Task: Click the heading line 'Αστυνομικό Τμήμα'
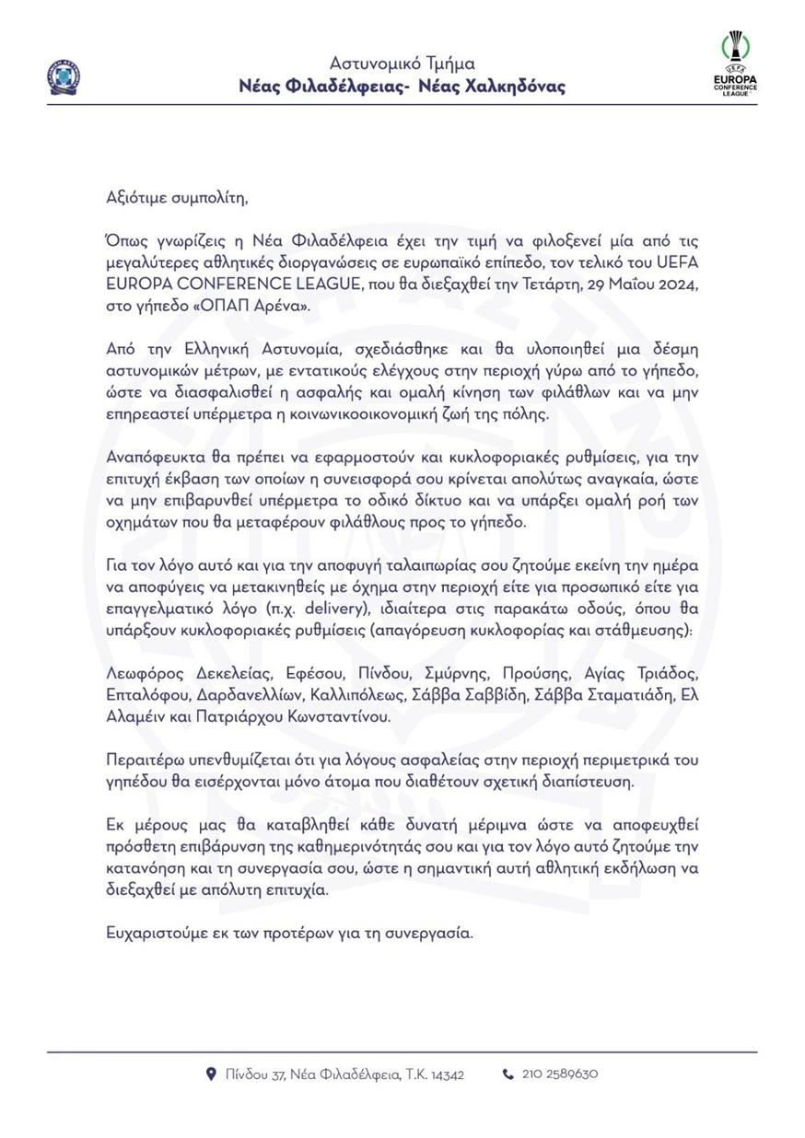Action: click(402, 64)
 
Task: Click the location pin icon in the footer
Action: click(211, 1074)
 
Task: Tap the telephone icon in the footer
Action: click(507, 1074)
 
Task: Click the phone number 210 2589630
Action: click(560, 1074)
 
